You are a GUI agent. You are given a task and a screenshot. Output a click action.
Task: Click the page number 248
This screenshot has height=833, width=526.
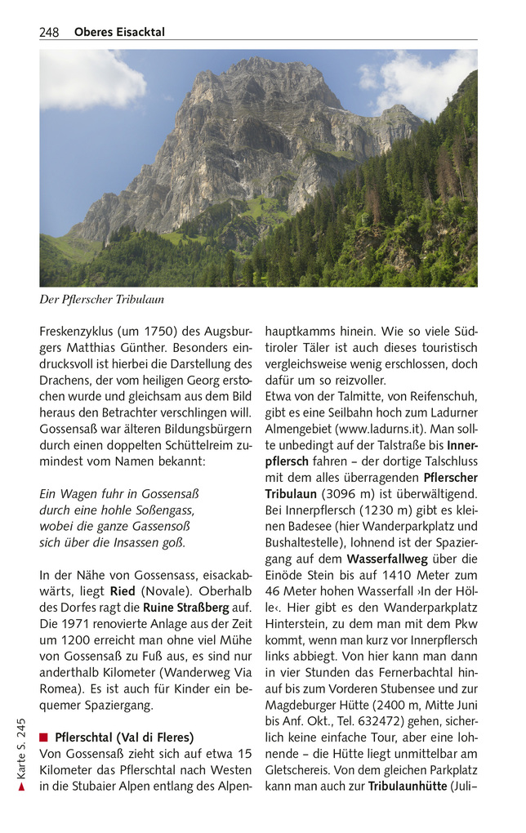[x=49, y=33]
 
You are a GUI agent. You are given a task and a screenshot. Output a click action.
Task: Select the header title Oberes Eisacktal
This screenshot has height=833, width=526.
[x=119, y=33]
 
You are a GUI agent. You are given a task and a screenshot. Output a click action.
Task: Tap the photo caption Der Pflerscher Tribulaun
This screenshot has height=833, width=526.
[x=101, y=300]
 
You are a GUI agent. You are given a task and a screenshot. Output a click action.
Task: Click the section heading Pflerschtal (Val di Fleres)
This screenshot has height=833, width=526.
[x=124, y=737]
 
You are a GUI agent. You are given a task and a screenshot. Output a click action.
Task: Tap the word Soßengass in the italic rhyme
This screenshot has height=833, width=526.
[x=166, y=510]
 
